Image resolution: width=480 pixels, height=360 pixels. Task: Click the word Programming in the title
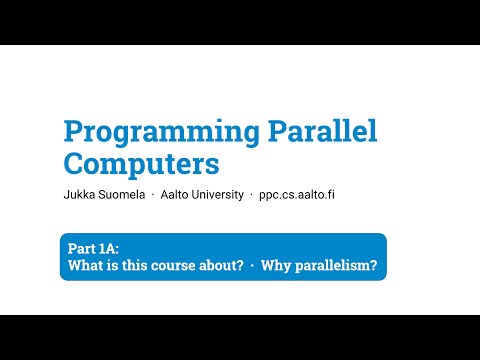click(161, 133)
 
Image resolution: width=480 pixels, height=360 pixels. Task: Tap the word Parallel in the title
click(323, 130)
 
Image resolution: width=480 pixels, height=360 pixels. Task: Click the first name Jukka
click(76, 194)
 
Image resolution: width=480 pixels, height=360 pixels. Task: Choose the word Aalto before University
click(174, 194)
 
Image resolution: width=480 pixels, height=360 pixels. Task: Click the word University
click(217, 195)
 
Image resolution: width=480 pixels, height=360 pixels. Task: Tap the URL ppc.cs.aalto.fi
click(297, 195)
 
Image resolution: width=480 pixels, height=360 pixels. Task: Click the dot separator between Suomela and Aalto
click(153, 195)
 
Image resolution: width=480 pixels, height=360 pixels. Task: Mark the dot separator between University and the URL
click(251, 195)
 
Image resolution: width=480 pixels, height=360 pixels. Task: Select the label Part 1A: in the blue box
click(93, 249)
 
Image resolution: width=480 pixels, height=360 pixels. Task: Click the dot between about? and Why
click(252, 266)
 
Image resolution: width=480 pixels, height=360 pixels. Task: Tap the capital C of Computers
click(74, 163)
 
